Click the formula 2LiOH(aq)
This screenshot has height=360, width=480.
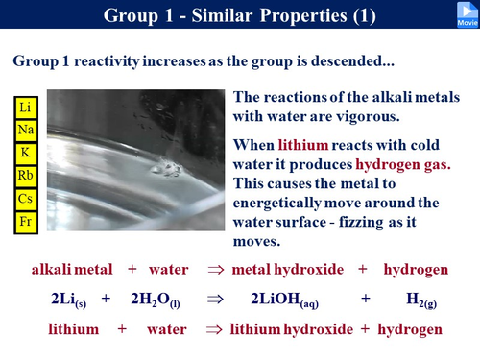pyautogui.click(x=292, y=300)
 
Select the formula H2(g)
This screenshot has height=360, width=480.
pyautogui.click(x=422, y=300)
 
